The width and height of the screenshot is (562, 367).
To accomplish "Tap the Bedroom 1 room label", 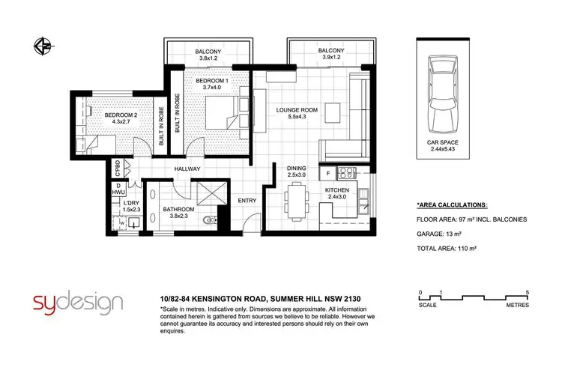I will click(203, 82).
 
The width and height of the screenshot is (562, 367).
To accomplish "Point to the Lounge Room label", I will click(297, 112).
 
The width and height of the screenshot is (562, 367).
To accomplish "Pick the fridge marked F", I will click(328, 174).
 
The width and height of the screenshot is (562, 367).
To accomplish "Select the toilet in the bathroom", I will click(211, 220).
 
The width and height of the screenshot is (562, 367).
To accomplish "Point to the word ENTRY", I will click(247, 201).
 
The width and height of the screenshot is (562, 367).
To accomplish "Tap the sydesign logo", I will click(78, 303).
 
